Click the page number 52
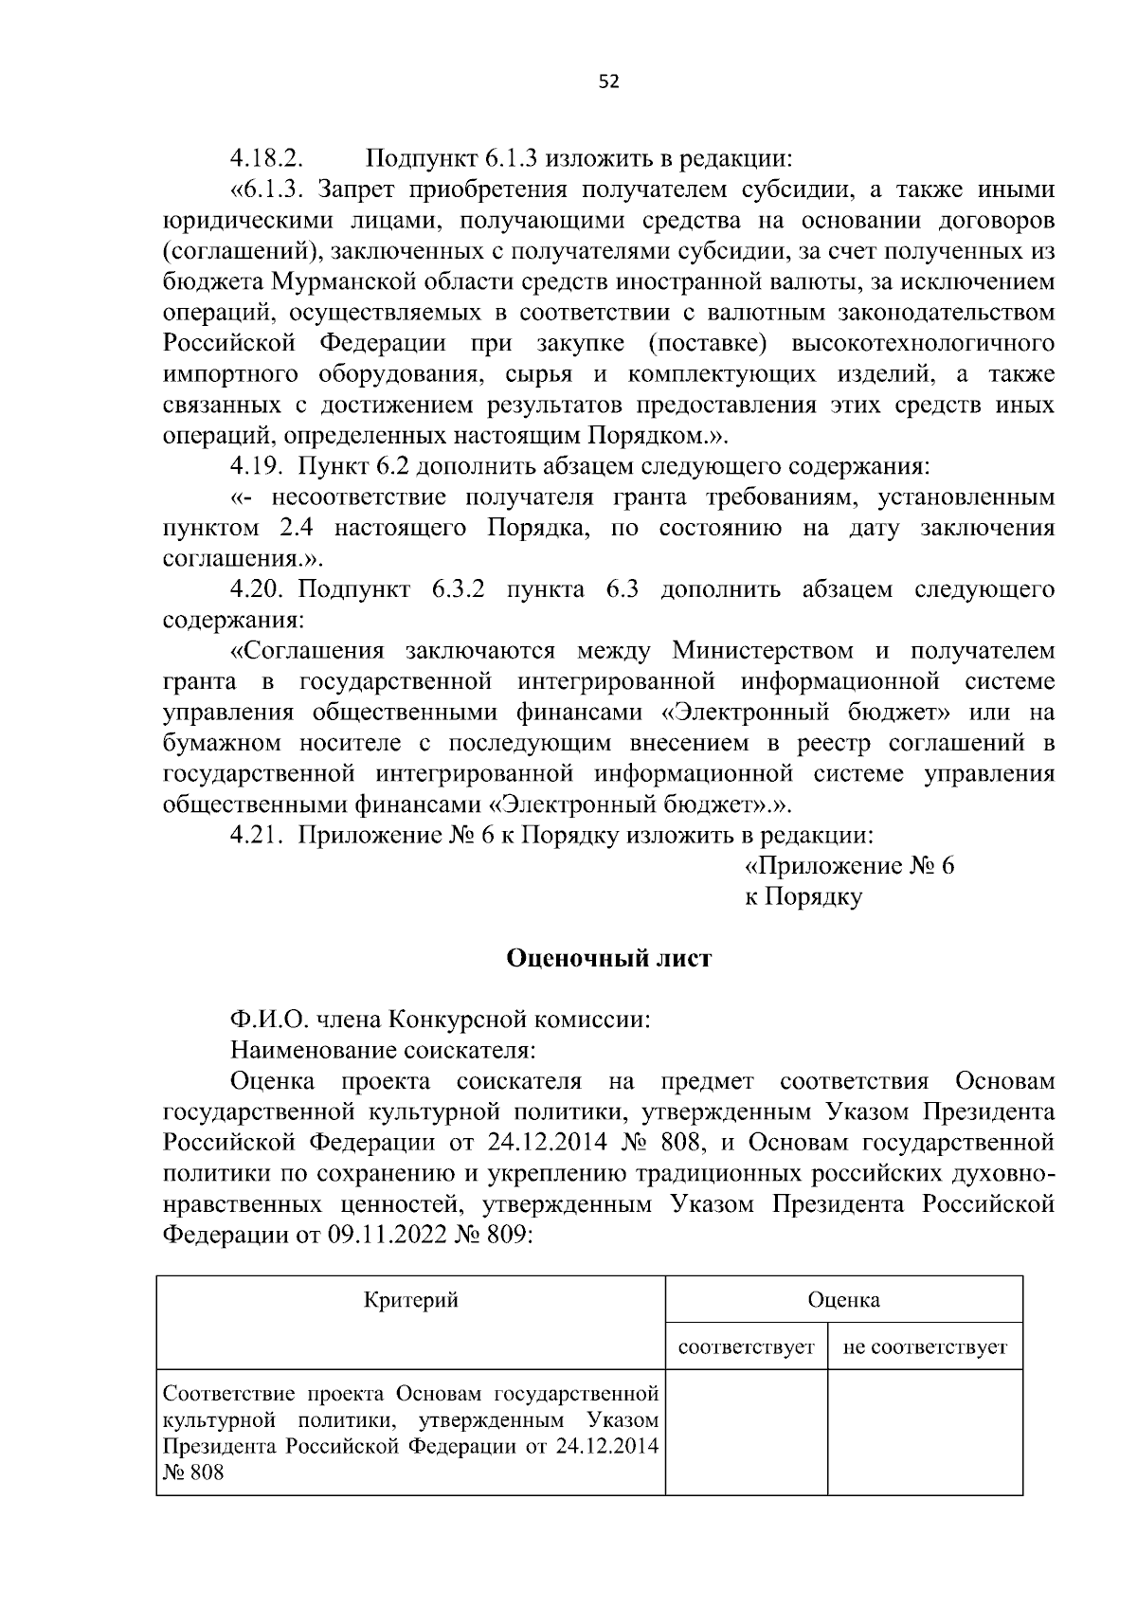[609, 82]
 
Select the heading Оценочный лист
[609, 958]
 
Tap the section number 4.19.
[260, 465]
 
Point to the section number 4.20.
[260, 589]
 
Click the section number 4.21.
[260, 835]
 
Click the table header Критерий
[411, 1299]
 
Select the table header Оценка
[843, 1299]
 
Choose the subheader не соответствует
[925, 1346]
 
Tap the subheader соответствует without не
[747, 1346]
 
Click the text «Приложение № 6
[849, 866]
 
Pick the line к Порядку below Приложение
[803, 896]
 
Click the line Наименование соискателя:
[383, 1050]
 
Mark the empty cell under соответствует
[747, 1432]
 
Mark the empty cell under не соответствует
[925, 1432]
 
